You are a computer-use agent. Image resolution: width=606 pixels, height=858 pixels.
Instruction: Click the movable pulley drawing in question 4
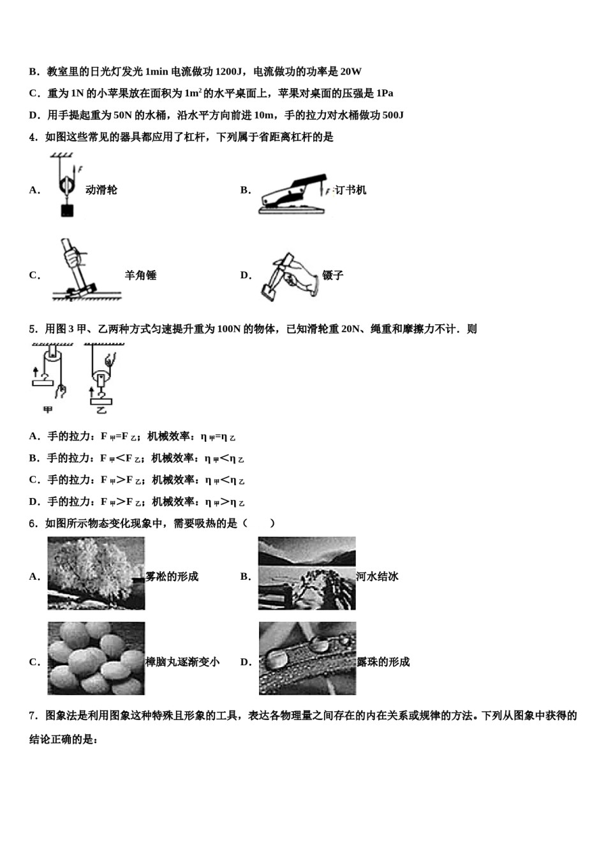[x=64, y=185]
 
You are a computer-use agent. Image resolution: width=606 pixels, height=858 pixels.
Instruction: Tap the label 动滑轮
[x=101, y=190]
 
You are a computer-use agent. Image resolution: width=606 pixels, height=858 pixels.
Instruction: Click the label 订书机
[x=351, y=190]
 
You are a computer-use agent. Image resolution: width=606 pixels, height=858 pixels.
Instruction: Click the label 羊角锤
[x=140, y=276]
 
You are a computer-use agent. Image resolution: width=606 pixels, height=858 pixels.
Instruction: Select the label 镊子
[x=333, y=276]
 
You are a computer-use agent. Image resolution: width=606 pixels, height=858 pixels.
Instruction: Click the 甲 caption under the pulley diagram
[x=47, y=409]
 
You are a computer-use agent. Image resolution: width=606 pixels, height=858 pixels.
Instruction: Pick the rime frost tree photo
[x=96, y=573]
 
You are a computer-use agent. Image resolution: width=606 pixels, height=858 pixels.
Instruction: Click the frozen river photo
[x=307, y=573]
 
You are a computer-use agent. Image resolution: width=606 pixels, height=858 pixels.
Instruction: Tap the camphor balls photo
[x=96, y=658]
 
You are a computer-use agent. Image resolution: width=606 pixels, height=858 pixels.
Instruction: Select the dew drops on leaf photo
[x=307, y=658]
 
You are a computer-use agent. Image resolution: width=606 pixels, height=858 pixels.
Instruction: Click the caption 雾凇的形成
[x=172, y=577]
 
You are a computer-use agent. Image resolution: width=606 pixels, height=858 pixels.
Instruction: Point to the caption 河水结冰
[x=378, y=577]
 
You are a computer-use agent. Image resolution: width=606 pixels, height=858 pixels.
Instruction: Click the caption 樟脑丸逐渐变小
[x=182, y=662]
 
